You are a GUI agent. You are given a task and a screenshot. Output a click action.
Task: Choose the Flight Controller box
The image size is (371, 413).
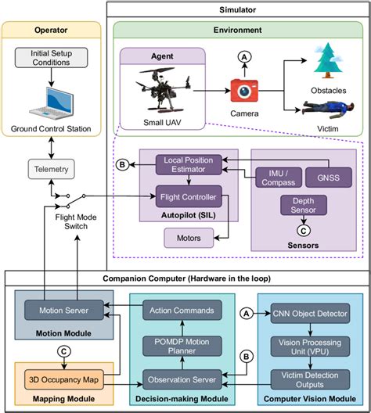point(187,197)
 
